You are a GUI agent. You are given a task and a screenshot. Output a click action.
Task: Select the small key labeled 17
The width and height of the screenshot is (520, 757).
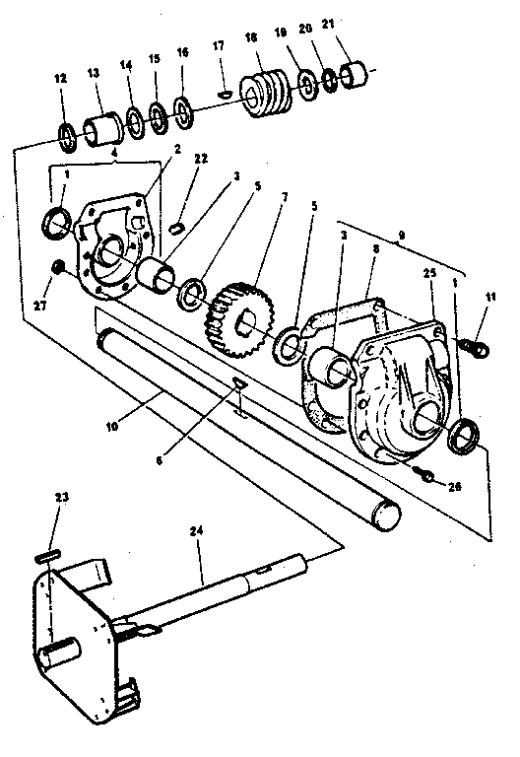tap(225, 93)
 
